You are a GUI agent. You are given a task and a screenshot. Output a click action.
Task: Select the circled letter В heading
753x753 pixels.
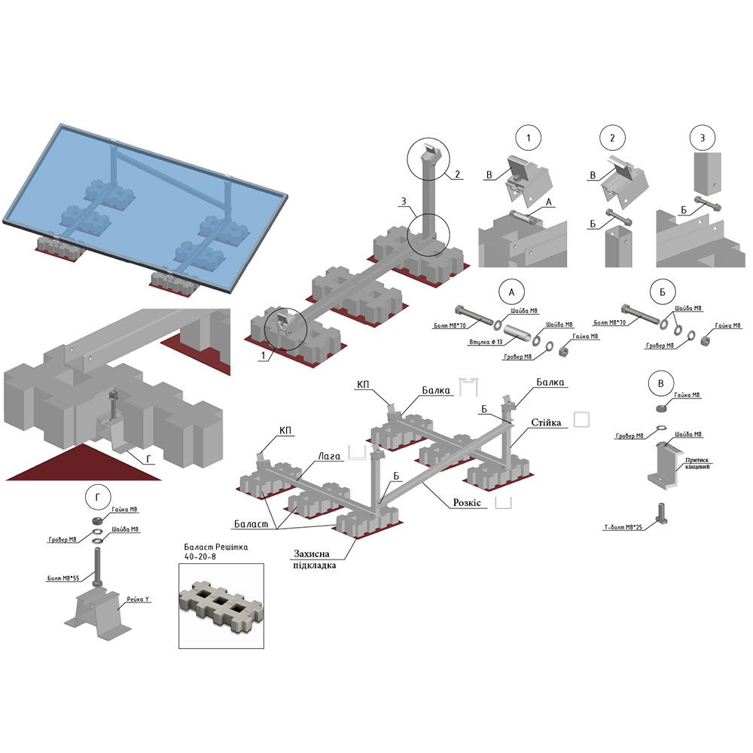660,383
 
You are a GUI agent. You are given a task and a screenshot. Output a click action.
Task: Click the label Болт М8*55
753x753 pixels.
63,578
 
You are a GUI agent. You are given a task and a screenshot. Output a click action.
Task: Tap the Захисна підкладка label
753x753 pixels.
315,559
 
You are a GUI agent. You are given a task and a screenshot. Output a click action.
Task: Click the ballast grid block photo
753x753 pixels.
221,605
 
